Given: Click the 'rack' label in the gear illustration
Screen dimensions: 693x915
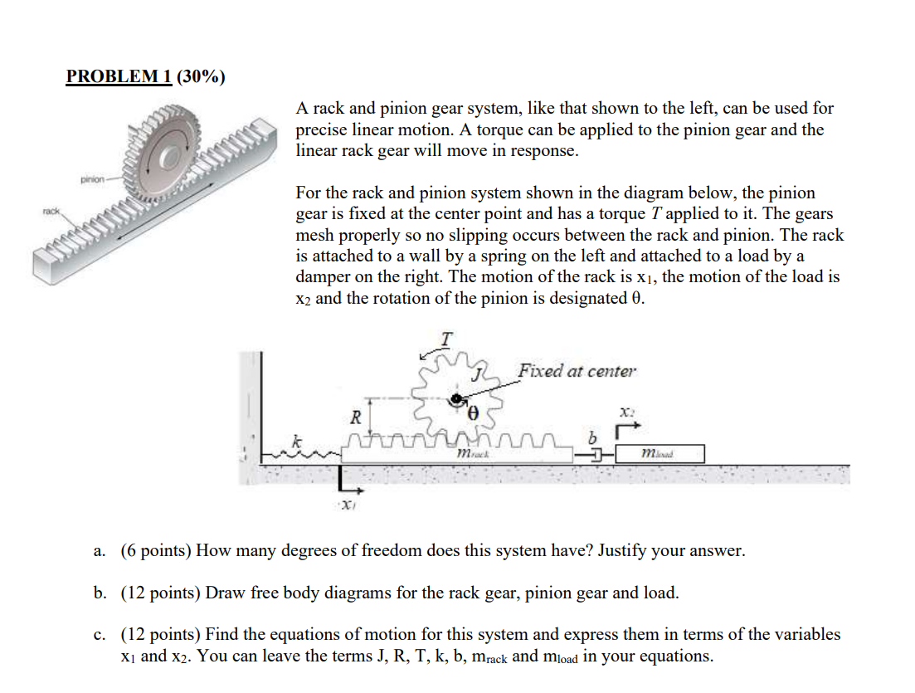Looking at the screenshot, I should click(x=51, y=212).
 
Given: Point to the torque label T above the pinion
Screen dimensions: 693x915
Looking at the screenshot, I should click(x=446, y=339).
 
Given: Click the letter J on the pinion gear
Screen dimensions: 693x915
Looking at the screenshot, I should click(x=476, y=375).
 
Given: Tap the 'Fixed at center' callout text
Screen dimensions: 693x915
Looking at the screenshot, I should click(x=577, y=371).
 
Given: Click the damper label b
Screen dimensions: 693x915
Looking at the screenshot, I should click(x=592, y=437).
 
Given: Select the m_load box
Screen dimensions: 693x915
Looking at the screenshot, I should click(x=659, y=454).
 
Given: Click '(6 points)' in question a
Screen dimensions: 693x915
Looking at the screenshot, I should click(x=158, y=550).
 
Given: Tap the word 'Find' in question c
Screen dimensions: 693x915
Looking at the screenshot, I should click(x=223, y=635).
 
